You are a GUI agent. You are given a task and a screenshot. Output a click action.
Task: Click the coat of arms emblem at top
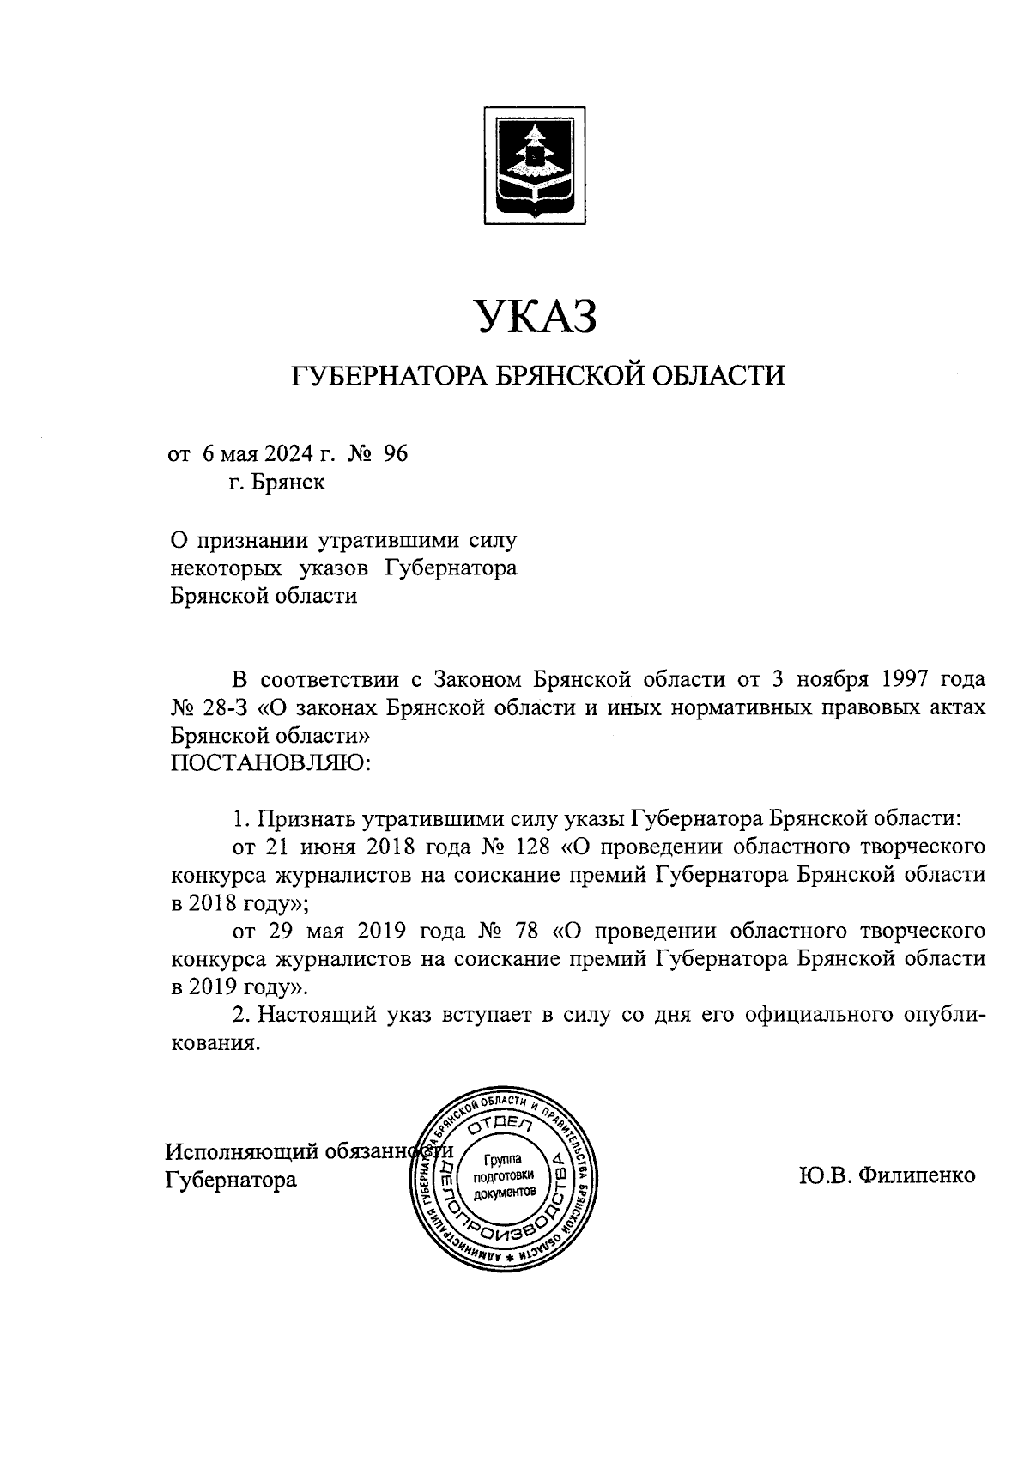pos(534,166)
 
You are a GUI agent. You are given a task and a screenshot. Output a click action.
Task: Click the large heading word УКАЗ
pos(536,317)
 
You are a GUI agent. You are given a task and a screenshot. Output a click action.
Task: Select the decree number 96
pos(396,453)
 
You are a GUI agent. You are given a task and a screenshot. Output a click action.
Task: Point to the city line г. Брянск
pos(276,483)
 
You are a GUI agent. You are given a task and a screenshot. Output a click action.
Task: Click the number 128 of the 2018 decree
pos(528,847)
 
